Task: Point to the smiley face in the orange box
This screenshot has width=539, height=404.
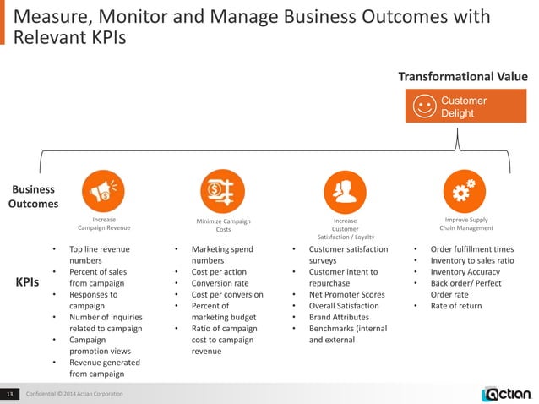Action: coord(424,107)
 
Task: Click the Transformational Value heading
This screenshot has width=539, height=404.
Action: coord(463,77)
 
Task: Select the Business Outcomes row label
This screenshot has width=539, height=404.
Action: coord(34,196)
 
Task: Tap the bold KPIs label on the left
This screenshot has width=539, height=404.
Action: coord(32,283)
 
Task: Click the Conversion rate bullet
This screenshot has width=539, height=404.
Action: coord(223,283)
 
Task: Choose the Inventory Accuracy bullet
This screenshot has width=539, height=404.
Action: coord(465,272)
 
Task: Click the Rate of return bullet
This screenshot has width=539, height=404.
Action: coord(456,306)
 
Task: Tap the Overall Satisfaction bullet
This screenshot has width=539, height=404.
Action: coord(346,306)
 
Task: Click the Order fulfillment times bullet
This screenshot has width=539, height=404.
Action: coord(471,249)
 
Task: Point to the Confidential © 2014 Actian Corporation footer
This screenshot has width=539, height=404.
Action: coord(73,395)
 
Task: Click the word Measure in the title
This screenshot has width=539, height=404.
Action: coord(54,15)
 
